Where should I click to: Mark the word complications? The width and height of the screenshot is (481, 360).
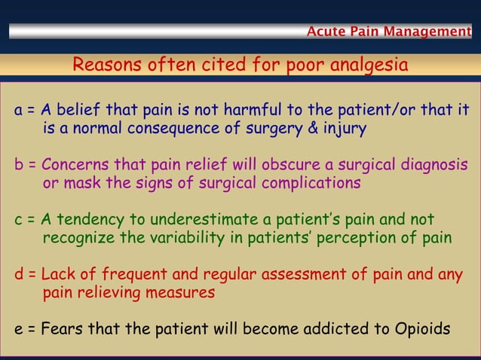click(x=308, y=183)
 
